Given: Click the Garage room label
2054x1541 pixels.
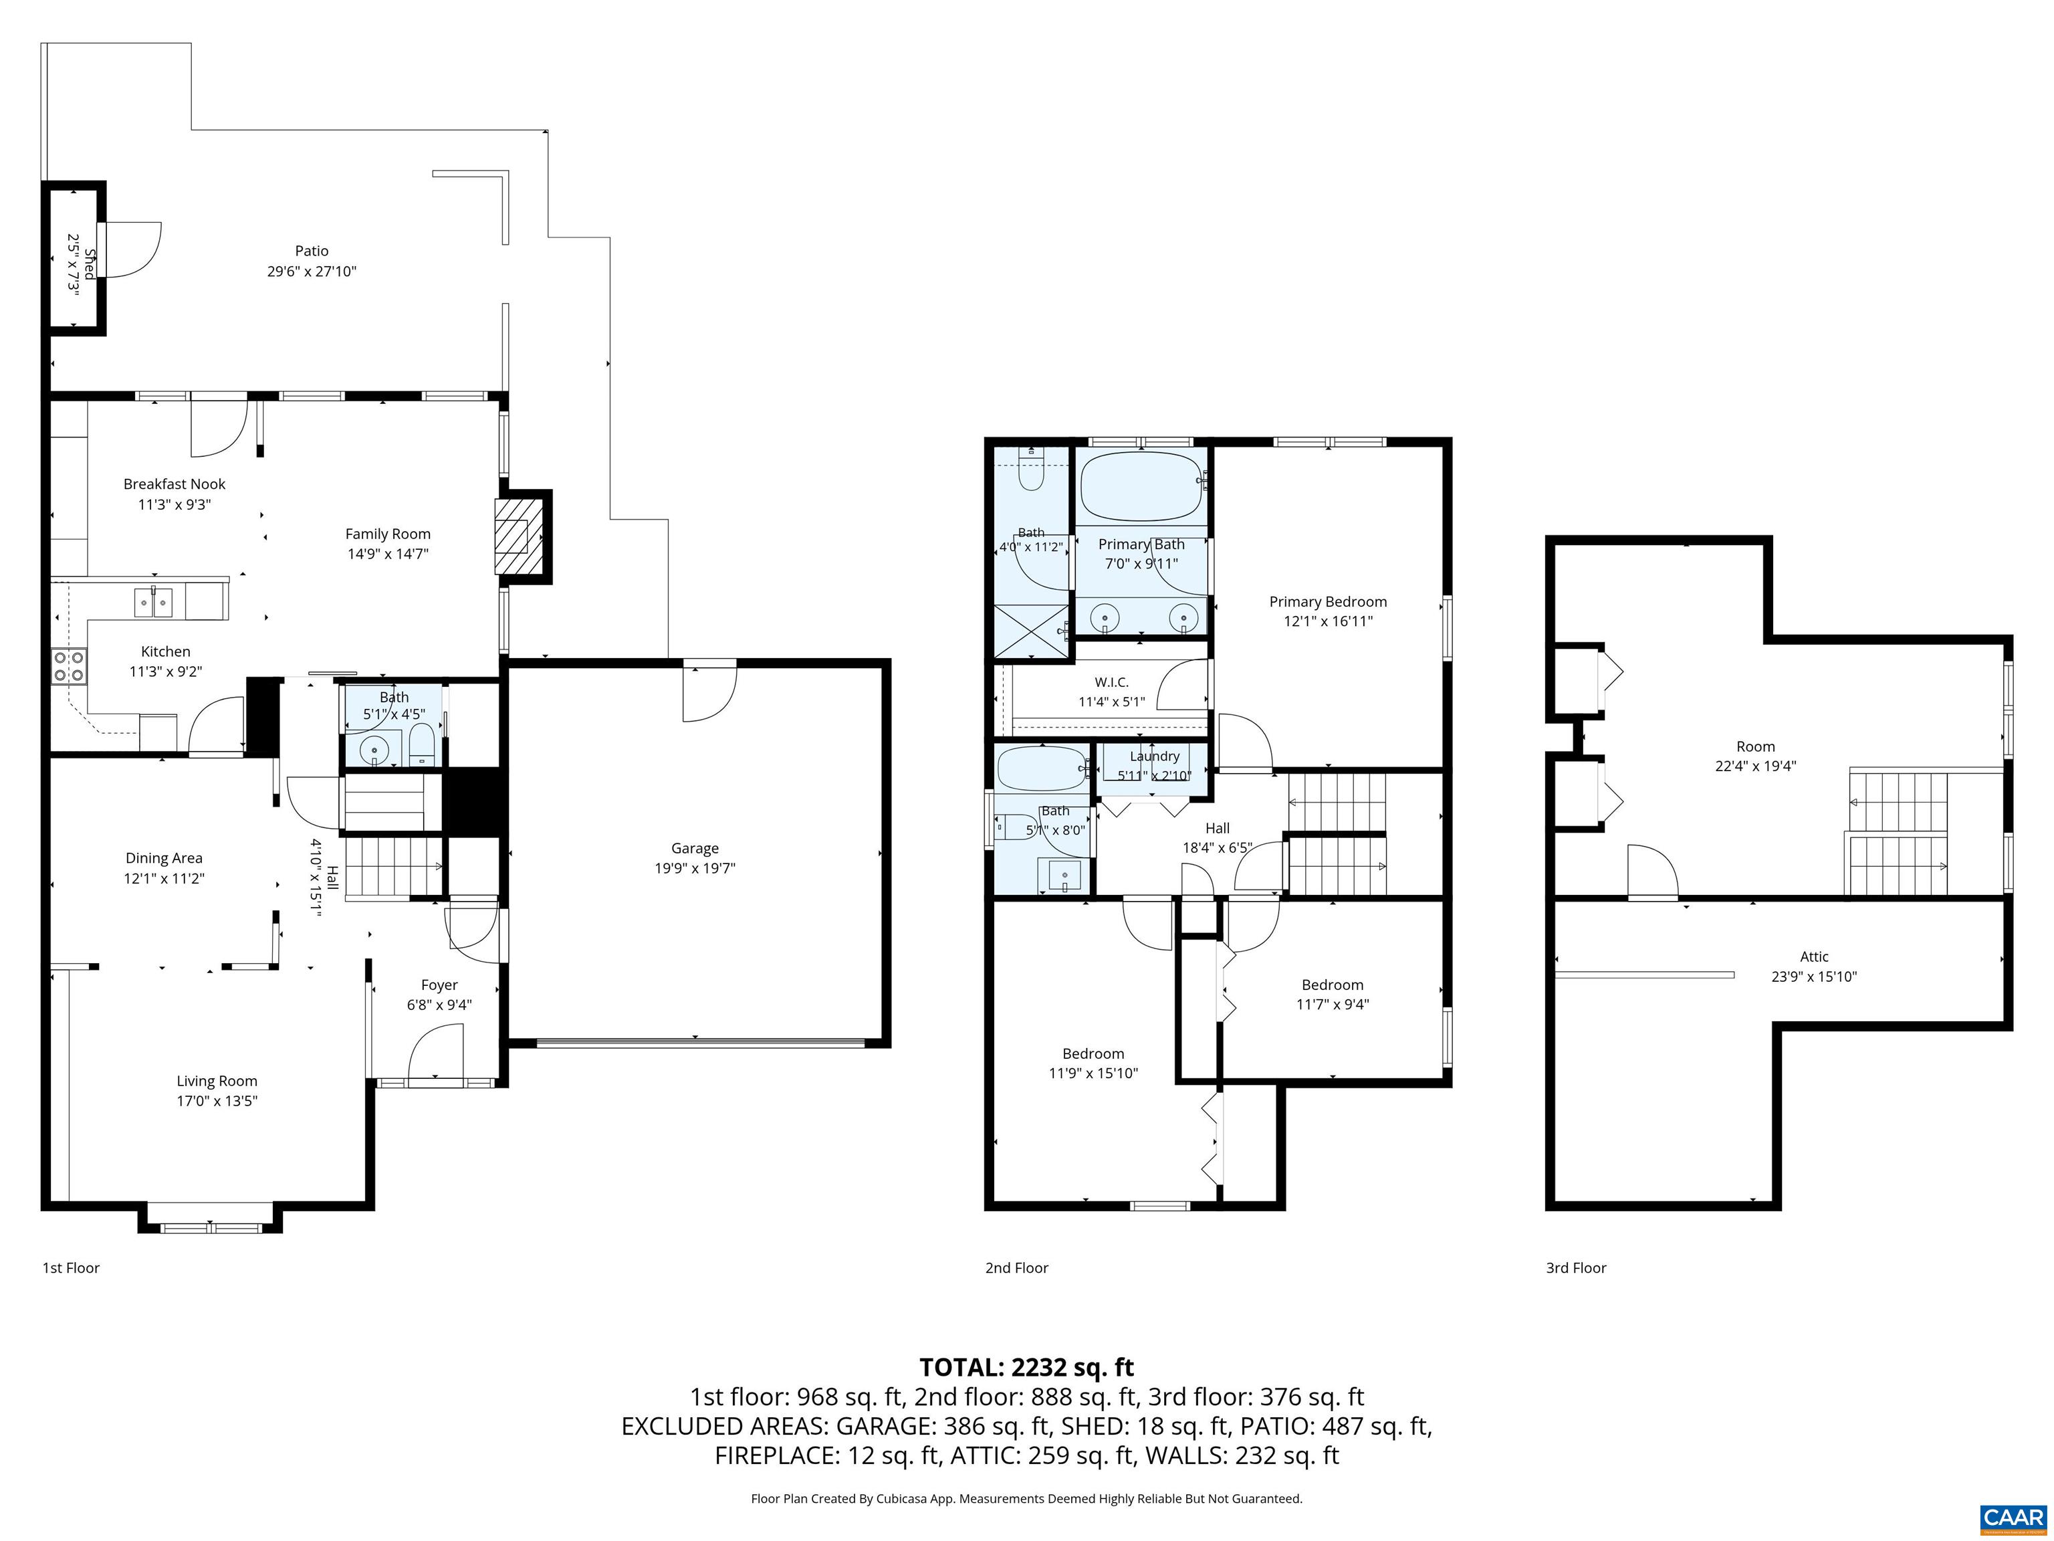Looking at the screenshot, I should pos(695,848).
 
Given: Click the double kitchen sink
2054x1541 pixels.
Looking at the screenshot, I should pos(154,603).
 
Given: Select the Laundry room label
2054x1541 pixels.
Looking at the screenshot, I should pos(1154,756).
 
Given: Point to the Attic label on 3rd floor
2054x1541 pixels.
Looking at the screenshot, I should pos(1813,956).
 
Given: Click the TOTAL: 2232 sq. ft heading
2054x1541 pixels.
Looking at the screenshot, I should pos(1026,1367).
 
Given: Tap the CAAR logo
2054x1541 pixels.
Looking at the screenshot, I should pos(2013,1518).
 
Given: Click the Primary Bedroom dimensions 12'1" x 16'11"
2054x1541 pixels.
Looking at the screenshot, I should pos(1328,621).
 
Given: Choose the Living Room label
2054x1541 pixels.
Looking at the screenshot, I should pos(217,1082).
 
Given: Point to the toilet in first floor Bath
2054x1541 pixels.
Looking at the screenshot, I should pos(422,746).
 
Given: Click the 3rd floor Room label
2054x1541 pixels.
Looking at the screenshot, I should pos(1755,747).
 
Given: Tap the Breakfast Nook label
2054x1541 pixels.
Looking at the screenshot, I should pos(175,484).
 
